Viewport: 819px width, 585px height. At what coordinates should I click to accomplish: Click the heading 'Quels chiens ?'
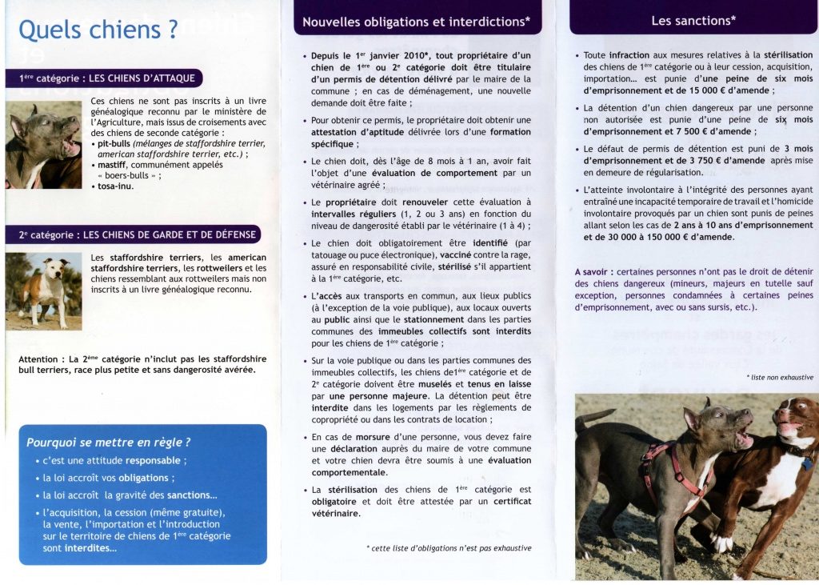(x=98, y=30)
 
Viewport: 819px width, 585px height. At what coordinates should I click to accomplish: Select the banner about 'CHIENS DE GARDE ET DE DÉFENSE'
(x=137, y=234)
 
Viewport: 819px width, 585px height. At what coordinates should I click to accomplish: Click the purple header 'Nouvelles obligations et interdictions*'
(x=416, y=22)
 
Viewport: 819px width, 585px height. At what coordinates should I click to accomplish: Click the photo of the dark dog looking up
(x=43, y=145)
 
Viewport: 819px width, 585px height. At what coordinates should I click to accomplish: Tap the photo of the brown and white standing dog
(x=43, y=290)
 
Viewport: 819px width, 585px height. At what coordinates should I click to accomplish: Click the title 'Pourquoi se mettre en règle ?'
(x=109, y=443)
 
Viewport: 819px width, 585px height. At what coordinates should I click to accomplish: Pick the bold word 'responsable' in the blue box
(x=153, y=460)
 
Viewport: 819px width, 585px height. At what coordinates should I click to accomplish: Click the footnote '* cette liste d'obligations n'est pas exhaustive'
(x=449, y=548)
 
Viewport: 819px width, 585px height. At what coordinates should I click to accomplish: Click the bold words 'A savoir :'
(x=593, y=272)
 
